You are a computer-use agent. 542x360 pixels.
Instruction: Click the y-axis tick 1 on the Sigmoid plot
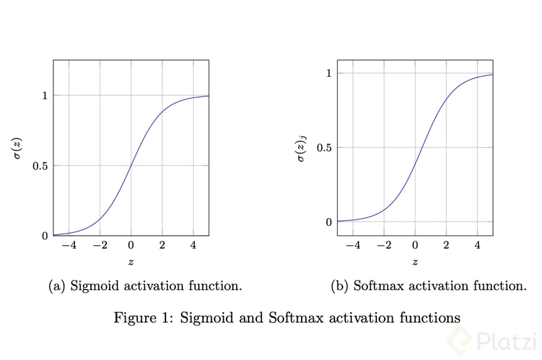[x=44, y=95]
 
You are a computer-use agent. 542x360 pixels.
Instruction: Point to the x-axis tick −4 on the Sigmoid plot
[x=69, y=245]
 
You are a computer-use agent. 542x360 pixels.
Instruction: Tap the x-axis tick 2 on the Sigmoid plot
[x=162, y=245]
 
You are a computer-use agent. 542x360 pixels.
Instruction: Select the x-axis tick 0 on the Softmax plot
[x=415, y=245]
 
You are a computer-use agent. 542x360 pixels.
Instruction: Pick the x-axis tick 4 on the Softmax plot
[x=477, y=245]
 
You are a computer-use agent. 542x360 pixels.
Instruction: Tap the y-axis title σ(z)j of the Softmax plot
[x=302, y=148]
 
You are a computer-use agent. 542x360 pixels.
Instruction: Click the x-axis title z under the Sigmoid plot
[x=131, y=262]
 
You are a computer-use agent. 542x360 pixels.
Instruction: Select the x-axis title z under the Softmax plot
[x=415, y=262]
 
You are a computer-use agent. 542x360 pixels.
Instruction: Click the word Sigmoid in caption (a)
[x=92, y=286]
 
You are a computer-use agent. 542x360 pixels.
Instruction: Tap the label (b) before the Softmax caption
[x=340, y=286]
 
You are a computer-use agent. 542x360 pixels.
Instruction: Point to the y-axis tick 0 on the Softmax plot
[x=329, y=222]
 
